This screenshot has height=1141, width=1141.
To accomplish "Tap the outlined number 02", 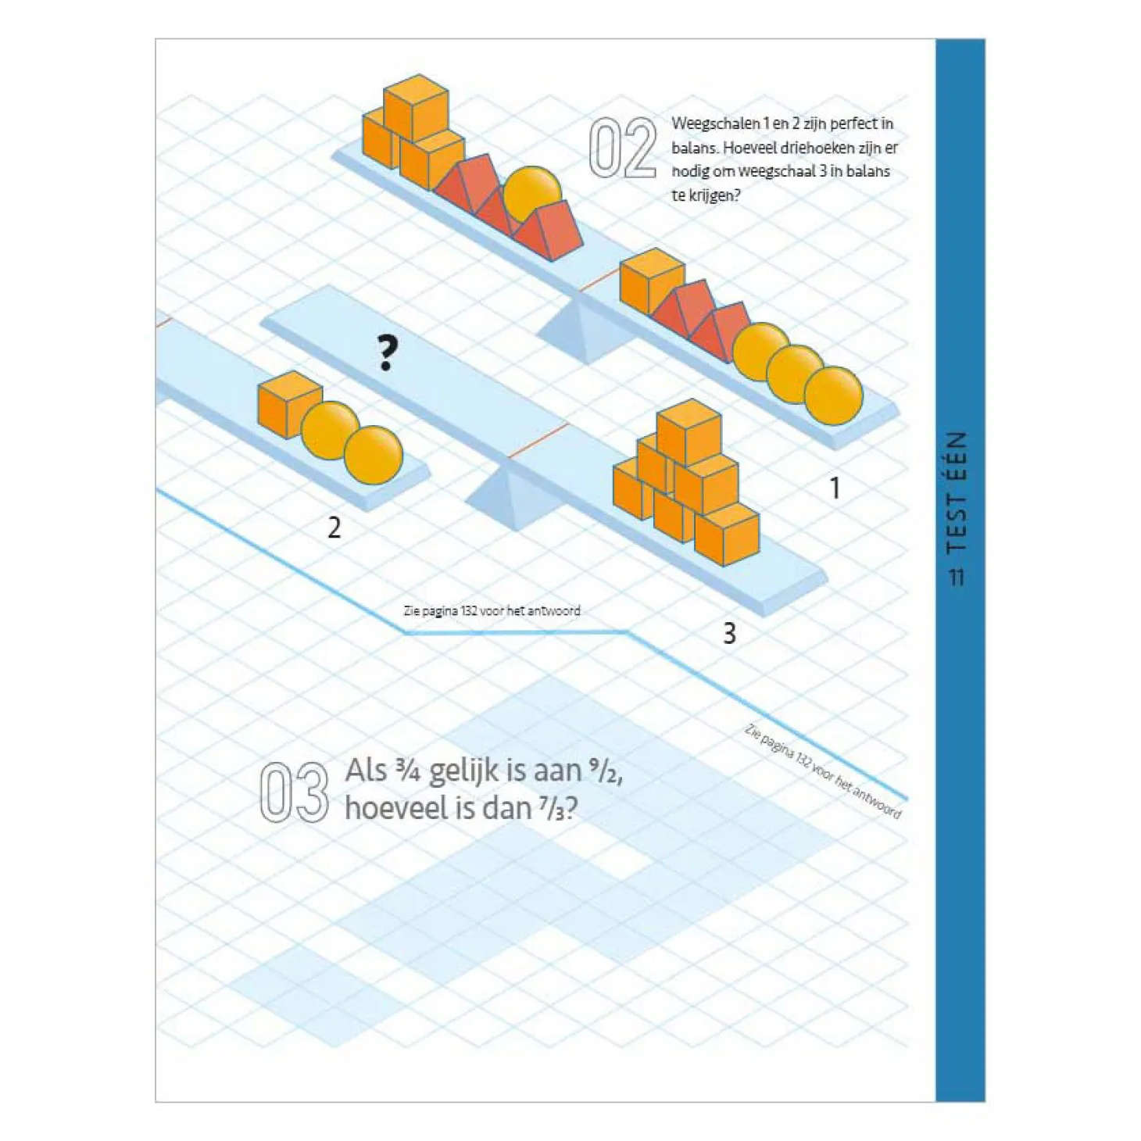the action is tap(623, 148).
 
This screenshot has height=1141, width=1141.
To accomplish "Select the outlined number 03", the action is tap(295, 792).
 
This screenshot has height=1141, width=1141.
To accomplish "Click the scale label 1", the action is tap(835, 488).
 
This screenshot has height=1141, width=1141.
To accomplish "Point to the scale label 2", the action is tap(334, 528).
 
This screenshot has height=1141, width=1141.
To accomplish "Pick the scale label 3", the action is tap(729, 634).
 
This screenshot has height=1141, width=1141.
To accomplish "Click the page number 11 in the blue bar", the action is tap(957, 578).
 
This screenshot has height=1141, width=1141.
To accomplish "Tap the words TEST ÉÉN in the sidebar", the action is tap(957, 492).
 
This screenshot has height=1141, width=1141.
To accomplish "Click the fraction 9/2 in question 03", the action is tap(605, 771).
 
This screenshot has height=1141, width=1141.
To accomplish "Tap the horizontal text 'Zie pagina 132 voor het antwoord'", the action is tap(492, 610).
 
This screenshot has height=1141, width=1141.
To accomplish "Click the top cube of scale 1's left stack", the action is tap(416, 107).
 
